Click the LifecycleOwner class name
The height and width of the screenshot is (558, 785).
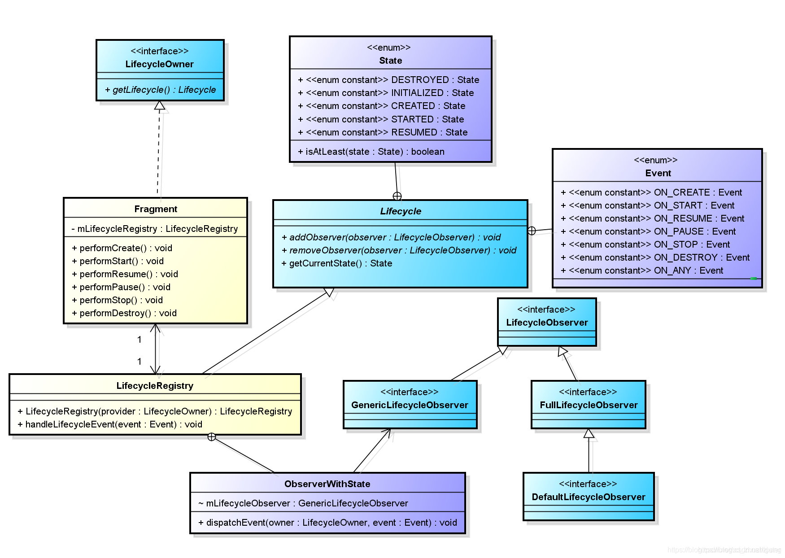point(159,64)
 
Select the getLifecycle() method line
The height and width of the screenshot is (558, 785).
point(160,90)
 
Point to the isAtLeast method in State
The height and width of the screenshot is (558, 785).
point(371,152)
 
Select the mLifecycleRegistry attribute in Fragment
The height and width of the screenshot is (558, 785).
point(155,229)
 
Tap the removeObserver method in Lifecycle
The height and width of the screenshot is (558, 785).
point(399,250)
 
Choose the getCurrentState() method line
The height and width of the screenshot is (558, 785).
point(337,263)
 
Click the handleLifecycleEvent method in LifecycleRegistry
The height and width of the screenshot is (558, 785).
point(110,424)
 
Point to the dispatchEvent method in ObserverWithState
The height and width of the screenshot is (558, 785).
point(327,523)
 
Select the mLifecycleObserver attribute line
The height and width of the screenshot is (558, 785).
point(303,503)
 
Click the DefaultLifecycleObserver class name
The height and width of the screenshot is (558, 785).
point(588,497)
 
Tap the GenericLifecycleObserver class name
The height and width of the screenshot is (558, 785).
point(410,405)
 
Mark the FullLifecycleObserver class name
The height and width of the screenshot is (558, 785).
point(589,405)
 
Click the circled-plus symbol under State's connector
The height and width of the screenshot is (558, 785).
point(397,196)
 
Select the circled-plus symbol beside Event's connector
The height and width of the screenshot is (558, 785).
point(532,231)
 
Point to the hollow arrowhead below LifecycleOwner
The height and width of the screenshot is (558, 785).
point(160,105)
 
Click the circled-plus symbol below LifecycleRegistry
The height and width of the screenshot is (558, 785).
point(212,437)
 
